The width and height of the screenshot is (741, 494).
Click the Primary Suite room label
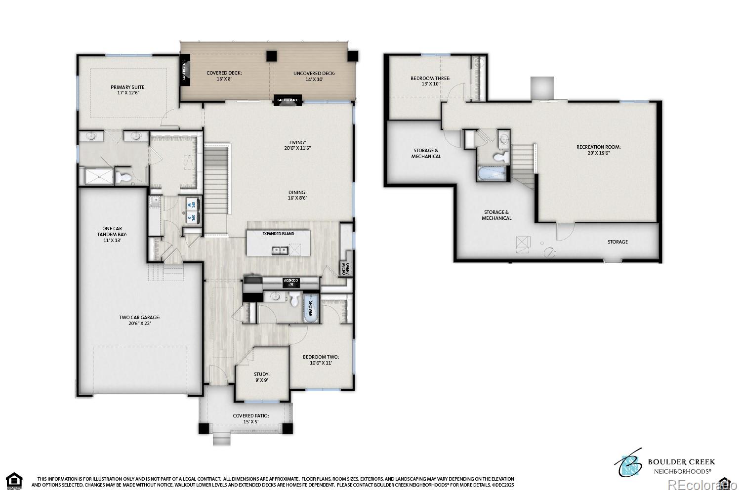coord(128,90)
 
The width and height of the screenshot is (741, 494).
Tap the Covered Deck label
coord(224,76)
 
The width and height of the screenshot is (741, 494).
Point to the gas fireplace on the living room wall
coord(288,100)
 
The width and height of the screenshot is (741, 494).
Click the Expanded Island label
coord(278,234)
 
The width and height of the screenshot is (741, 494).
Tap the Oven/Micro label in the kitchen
coord(347,269)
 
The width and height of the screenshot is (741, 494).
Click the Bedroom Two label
coord(321,360)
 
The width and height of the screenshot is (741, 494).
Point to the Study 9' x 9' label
coord(261,377)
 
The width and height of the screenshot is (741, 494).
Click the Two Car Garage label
coord(139,321)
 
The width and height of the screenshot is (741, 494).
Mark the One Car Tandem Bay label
coord(109,234)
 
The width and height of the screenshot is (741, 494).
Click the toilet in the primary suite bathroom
coord(125,177)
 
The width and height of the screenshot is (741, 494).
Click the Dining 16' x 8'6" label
coord(298,195)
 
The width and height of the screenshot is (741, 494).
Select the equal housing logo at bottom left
coord(15,479)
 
